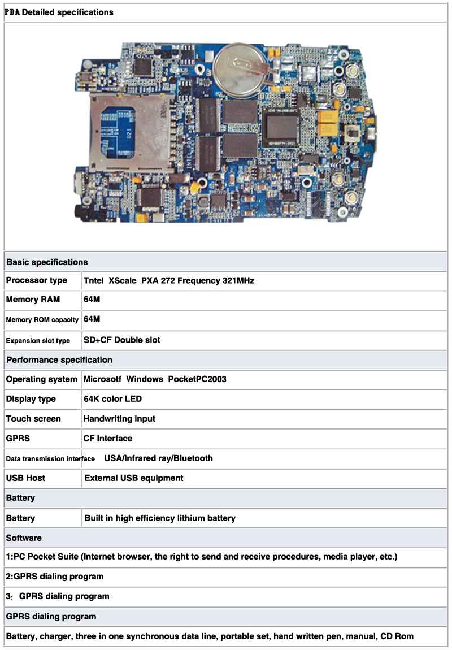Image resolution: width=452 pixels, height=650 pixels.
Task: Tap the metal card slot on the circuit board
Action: [x=131, y=133]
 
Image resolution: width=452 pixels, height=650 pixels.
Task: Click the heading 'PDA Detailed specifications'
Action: [x=59, y=12]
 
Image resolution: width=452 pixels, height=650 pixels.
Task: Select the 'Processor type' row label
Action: [x=37, y=280]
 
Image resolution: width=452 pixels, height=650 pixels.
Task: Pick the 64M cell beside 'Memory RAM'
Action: [x=92, y=300]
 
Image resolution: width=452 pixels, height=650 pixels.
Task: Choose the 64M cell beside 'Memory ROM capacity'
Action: [x=92, y=319]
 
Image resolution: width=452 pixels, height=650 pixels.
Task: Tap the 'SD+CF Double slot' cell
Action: [x=122, y=340]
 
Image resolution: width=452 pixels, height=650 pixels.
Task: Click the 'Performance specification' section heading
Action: [x=59, y=360]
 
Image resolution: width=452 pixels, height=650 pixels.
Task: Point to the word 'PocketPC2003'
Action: [x=197, y=379]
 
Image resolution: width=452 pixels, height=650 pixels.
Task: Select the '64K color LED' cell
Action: [x=112, y=399]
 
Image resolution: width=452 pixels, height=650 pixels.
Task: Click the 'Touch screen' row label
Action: [x=33, y=419]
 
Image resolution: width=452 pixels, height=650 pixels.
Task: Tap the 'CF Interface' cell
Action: [x=108, y=439]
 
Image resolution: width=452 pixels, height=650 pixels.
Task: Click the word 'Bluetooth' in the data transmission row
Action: [x=193, y=458]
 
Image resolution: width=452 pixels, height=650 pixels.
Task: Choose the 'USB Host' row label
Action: [x=25, y=478]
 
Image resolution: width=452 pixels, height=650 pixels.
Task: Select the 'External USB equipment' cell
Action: [x=134, y=478]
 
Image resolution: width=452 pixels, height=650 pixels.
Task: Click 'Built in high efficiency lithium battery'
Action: [x=160, y=518]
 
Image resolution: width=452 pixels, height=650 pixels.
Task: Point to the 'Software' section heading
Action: [x=24, y=538]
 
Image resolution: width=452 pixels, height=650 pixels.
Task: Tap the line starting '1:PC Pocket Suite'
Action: [x=201, y=557]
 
